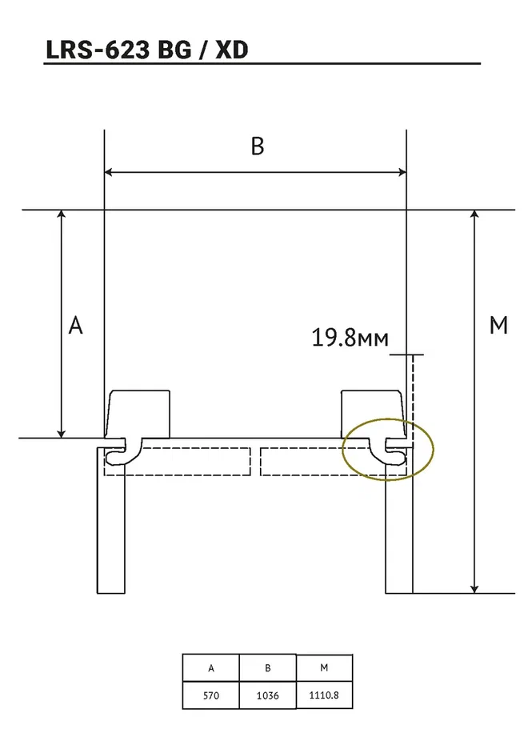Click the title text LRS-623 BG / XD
tap(147, 50)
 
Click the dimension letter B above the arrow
tap(258, 146)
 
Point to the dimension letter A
tap(75, 326)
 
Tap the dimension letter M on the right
tap(498, 326)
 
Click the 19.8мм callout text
tap(350, 338)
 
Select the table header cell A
tap(211, 668)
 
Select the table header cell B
tap(268, 668)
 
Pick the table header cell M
tap(324, 667)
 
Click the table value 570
tap(211, 695)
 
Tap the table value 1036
tap(267, 695)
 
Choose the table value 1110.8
tap(324, 695)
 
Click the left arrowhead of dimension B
tap(108, 172)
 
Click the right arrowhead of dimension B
tap(402, 172)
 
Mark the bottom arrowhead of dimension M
tap(474, 589)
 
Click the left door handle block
tap(138, 415)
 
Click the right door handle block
tap(373, 415)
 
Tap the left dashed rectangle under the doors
tap(178, 462)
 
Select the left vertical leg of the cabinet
tap(110, 520)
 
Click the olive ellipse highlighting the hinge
tap(388, 450)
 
